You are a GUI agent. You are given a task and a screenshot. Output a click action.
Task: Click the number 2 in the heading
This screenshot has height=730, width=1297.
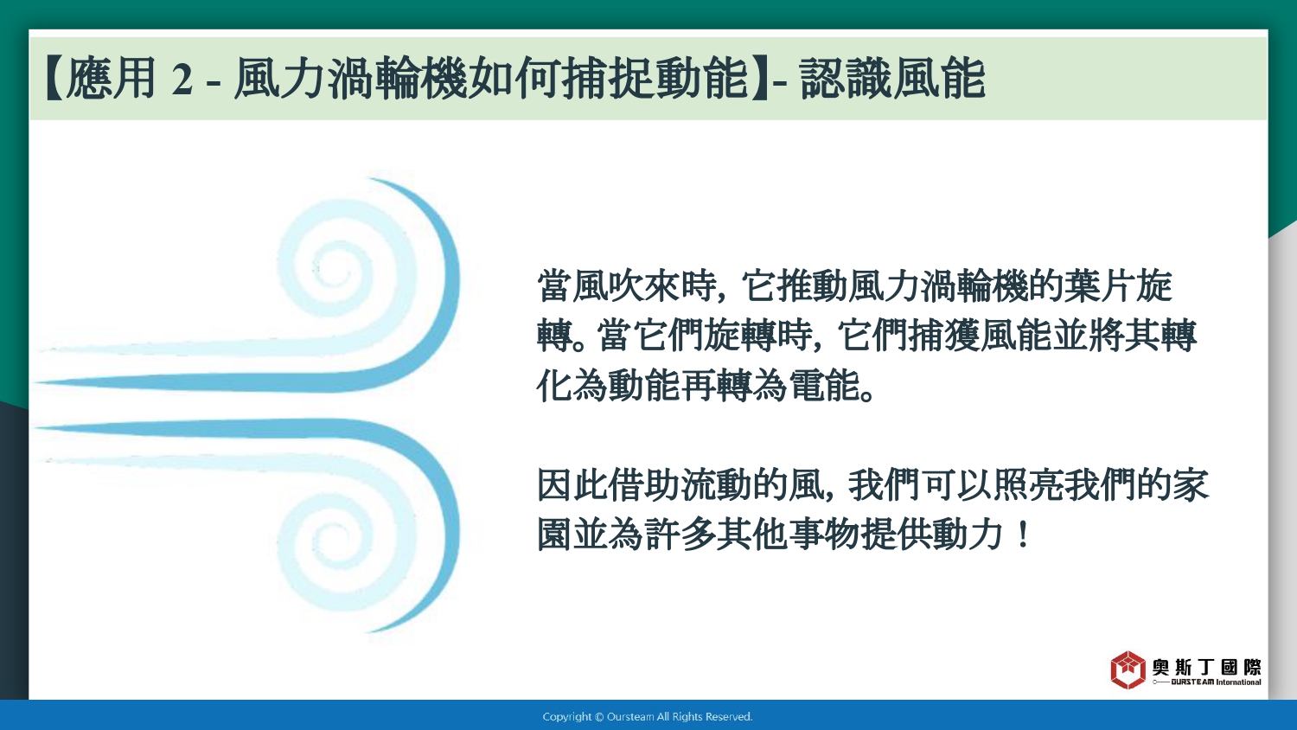[182, 80]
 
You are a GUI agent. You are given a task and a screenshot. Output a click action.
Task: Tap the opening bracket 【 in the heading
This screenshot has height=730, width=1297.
[54, 79]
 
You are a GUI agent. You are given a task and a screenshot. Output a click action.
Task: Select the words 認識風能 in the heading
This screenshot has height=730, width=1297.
[891, 79]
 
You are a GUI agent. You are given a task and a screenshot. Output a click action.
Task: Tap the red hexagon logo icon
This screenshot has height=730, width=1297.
[1128, 669]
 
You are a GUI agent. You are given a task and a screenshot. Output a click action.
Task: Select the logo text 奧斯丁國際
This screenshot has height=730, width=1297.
[1206, 668]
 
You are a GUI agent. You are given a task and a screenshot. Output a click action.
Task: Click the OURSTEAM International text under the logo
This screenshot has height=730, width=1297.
[1216, 682]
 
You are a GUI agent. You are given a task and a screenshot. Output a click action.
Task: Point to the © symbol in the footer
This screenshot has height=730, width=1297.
[599, 717]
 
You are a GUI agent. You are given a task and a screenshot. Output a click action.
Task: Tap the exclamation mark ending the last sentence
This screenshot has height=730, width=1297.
[1023, 535]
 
